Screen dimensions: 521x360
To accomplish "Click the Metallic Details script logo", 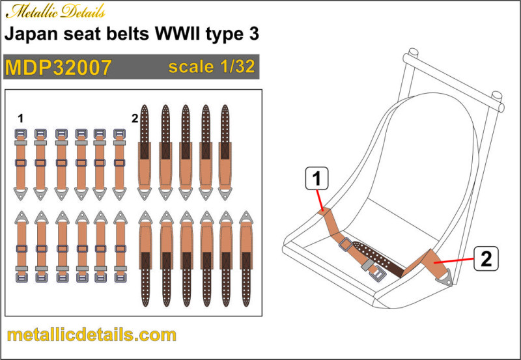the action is (55, 12).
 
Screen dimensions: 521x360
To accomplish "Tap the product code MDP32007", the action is (58, 68).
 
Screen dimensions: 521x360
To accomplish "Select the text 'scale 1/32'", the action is (212, 67).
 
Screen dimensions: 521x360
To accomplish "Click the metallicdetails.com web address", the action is (91, 335).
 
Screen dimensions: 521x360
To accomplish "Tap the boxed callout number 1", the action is (317, 178).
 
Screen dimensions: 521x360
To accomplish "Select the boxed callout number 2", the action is (486, 258).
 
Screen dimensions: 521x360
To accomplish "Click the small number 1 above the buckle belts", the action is (21, 118).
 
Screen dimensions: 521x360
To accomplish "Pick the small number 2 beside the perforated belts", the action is (135, 118).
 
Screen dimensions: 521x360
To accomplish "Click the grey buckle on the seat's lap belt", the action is (346, 244).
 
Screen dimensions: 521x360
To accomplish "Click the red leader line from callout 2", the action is (454, 260).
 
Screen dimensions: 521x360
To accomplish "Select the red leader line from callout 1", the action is (320, 200).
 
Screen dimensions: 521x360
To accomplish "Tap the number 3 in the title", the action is (254, 34).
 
